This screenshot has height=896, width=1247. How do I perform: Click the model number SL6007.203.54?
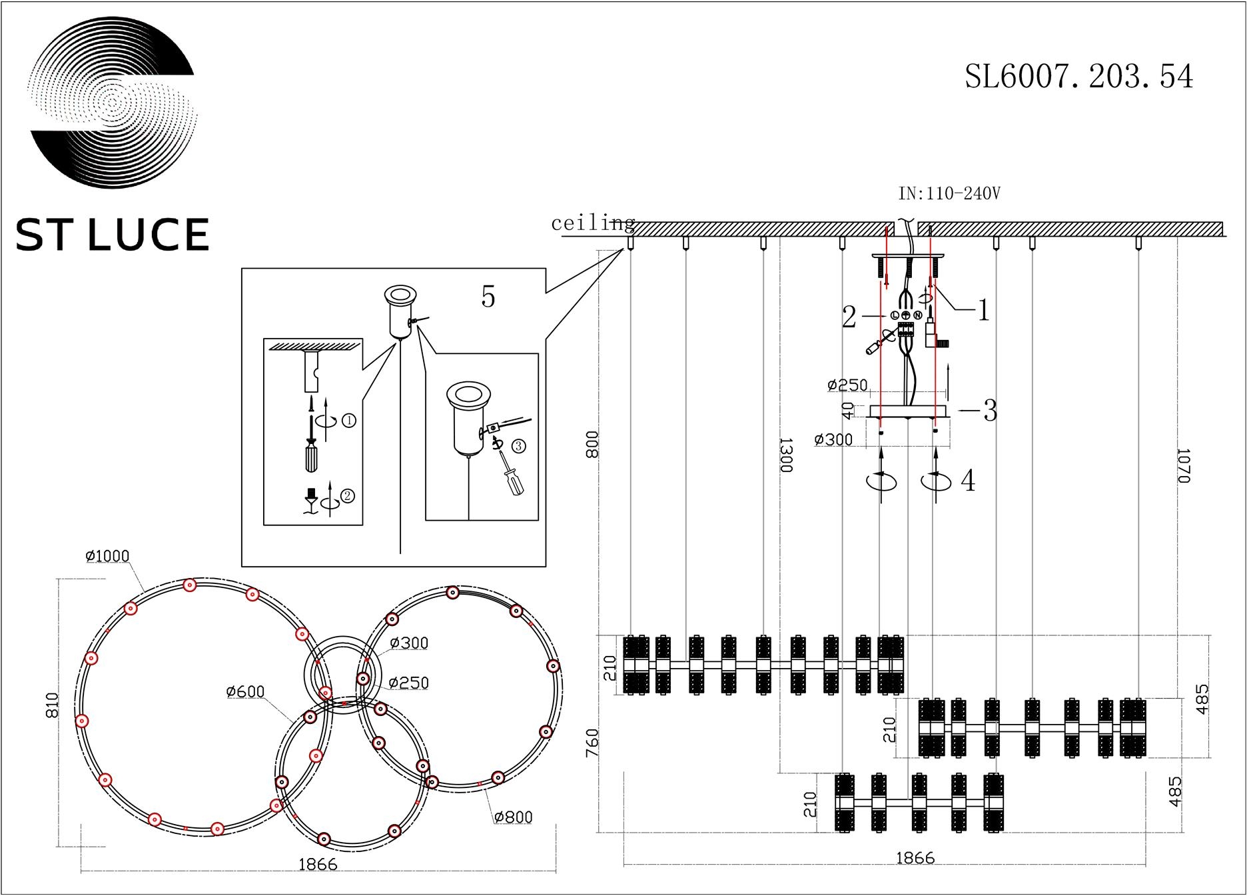pyautogui.click(x=1078, y=77)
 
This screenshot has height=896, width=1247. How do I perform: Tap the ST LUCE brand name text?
pyautogui.click(x=112, y=235)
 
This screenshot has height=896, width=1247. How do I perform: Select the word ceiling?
pyautogui.click(x=592, y=223)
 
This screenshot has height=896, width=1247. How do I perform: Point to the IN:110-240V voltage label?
pyautogui.click(x=949, y=194)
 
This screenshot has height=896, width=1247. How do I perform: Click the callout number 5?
pyautogui.click(x=488, y=297)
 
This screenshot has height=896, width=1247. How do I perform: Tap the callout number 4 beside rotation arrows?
pyautogui.click(x=968, y=481)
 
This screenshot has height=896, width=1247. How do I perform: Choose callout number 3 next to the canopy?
pyautogui.click(x=990, y=411)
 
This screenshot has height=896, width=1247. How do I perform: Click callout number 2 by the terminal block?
pyautogui.click(x=849, y=317)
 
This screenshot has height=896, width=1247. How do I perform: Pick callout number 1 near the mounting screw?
pyautogui.click(x=983, y=310)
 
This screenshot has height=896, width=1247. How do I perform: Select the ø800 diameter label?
pyautogui.click(x=514, y=817)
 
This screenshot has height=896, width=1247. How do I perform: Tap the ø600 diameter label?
pyautogui.click(x=246, y=692)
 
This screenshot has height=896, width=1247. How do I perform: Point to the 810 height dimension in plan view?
pyautogui.click(x=54, y=705)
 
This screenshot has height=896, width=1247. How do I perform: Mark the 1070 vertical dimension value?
pyautogui.click(x=1182, y=465)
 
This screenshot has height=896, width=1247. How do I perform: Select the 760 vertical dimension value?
pyautogui.click(x=592, y=743)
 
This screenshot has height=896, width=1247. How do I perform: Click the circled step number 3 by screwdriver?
pyautogui.click(x=518, y=446)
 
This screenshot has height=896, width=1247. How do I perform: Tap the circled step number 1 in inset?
pyautogui.click(x=348, y=421)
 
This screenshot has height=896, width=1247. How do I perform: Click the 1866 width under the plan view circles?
pyautogui.click(x=318, y=865)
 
